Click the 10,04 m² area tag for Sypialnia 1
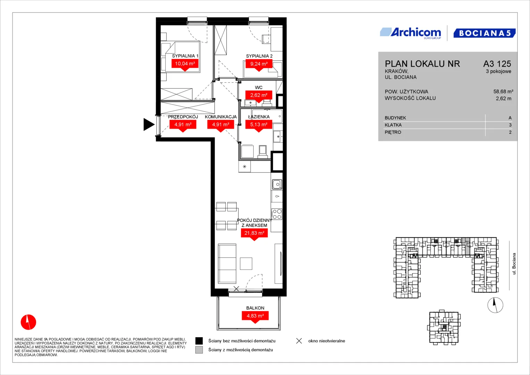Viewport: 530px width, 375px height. (185, 64)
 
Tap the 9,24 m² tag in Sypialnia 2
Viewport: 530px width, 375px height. (259, 64)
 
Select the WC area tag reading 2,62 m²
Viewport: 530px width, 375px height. (259, 95)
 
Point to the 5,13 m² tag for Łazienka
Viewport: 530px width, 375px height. (259, 125)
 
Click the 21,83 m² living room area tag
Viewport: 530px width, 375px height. (254, 233)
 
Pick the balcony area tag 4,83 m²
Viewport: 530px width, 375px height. (255, 316)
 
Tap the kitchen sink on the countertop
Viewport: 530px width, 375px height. (277, 184)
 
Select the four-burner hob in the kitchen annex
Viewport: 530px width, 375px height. (277, 214)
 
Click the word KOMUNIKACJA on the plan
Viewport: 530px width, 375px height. (221, 117)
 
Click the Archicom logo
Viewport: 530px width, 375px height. (411, 33)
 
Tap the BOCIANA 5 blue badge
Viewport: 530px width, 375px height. (484, 33)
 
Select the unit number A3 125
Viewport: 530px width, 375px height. (497, 64)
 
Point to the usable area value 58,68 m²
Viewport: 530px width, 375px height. (503, 91)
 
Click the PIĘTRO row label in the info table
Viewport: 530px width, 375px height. (393, 132)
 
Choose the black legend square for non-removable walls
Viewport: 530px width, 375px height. (199, 341)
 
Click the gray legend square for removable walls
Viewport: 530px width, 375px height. (199, 350)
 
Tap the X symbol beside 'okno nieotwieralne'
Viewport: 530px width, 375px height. (299, 341)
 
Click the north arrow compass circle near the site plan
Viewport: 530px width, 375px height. (495, 305)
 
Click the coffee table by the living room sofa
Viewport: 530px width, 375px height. (246, 264)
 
